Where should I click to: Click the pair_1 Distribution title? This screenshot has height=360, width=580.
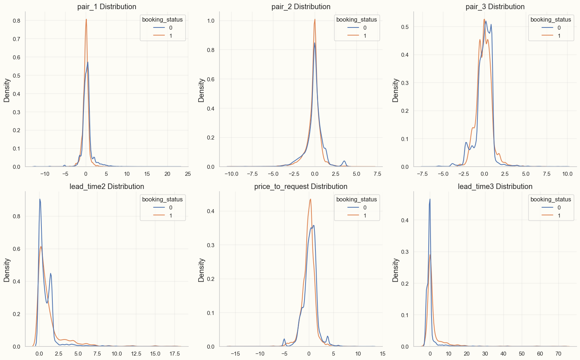[x=107, y=7]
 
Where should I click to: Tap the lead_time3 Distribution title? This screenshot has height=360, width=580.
[x=495, y=186]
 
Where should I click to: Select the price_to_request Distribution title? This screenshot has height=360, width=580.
[x=301, y=186]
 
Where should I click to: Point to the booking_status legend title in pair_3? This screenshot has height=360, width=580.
[x=551, y=19]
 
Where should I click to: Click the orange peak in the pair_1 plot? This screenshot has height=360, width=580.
[x=86, y=19]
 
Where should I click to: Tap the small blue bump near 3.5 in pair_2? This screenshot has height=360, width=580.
[x=344, y=161]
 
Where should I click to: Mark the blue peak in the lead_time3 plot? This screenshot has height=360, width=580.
[x=430, y=200]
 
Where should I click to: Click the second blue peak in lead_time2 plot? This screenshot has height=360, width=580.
[x=51, y=274]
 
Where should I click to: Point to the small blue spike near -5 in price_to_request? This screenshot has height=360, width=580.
[x=284, y=339]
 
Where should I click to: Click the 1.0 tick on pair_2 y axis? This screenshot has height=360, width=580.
[x=211, y=21]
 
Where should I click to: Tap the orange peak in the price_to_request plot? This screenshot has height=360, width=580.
[x=310, y=199]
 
